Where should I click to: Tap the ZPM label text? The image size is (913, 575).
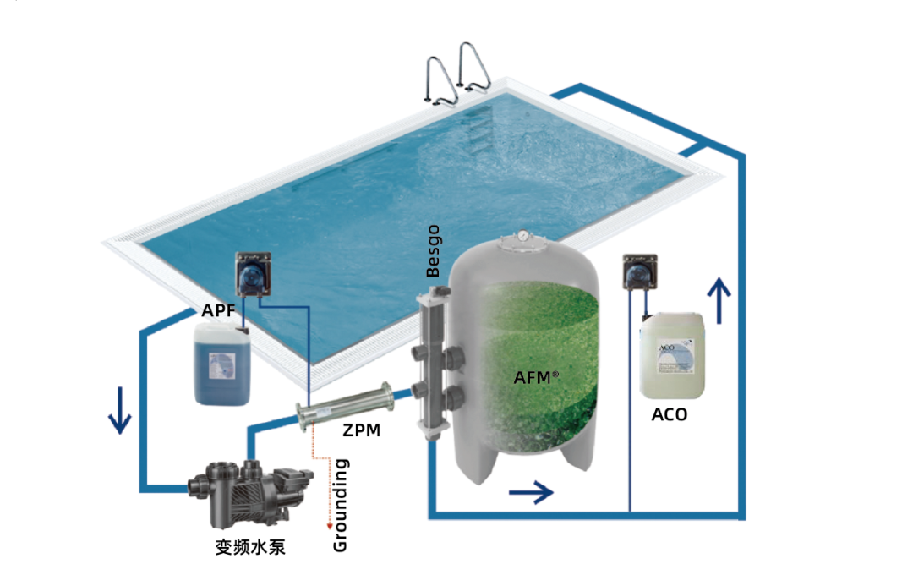pos(361,430)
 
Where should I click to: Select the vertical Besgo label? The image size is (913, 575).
pos(434,250)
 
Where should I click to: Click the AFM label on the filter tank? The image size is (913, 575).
pos(536,377)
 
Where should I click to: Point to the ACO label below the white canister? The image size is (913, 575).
pos(669,414)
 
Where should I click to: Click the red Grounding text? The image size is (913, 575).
pos(341,505)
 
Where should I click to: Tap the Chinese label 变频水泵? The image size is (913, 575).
pos(250,547)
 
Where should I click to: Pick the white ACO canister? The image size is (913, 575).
pos(672,355)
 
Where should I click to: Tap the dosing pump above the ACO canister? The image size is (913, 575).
pos(637,272)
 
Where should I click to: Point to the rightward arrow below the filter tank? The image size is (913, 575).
pos(530,490)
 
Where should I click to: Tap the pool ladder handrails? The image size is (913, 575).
pos(457,71)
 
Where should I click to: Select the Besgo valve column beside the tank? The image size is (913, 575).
pos(434,364)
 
